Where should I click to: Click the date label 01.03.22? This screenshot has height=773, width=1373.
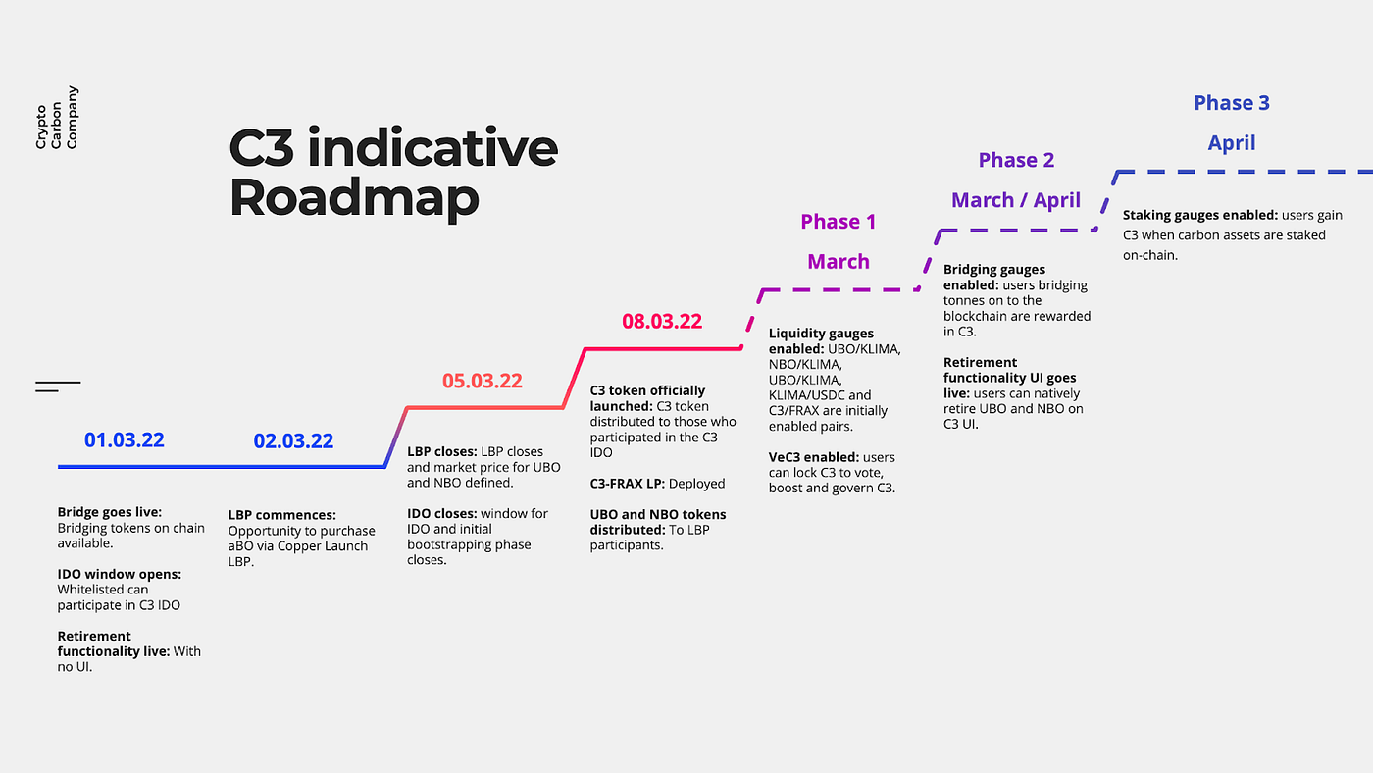(125, 439)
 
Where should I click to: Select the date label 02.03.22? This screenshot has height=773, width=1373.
(293, 441)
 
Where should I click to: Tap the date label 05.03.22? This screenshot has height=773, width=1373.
(482, 381)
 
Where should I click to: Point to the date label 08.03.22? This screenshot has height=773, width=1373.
(662, 321)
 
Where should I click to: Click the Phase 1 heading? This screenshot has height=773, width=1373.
(838, 222)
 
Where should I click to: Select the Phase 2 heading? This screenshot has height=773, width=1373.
(1016, 160)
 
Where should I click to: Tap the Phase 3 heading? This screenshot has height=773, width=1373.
(1232, 103)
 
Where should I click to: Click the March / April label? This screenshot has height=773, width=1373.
(1016, 200)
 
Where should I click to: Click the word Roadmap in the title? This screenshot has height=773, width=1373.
(354, 196)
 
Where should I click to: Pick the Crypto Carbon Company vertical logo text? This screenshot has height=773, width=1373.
(57, 118)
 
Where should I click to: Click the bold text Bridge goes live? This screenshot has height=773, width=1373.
(109, 512)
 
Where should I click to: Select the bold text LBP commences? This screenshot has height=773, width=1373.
(281, 515)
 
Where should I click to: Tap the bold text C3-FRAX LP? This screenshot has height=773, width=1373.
(627, 484)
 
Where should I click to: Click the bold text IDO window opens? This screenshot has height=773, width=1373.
(119, 574)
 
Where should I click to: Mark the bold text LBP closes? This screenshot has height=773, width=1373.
(441, 451)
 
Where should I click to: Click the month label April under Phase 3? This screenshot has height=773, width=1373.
(1232, 143)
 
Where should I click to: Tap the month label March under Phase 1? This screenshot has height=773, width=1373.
(838, 262)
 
